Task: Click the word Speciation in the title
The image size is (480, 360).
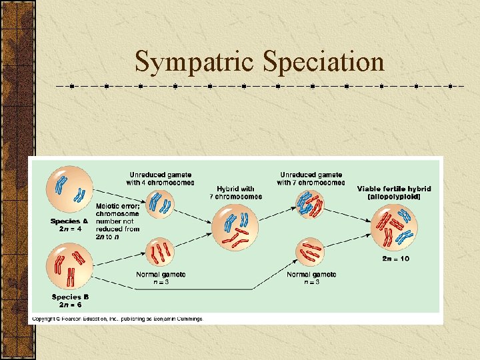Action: [324, 62]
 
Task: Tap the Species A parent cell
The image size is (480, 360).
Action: [69, 189]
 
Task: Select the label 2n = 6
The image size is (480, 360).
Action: [69, 305]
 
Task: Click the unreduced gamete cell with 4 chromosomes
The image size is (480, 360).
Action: [160, 203]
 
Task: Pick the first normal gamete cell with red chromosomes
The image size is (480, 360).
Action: [160, 252]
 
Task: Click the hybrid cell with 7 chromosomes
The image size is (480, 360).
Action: [235, 227]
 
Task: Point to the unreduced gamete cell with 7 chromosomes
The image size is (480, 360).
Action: [309, 203]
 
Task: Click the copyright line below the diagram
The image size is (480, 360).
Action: [117, 319]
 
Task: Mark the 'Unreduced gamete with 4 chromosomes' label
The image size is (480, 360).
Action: [161, 178]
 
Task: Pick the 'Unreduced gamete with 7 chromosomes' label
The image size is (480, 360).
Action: [311, 178]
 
